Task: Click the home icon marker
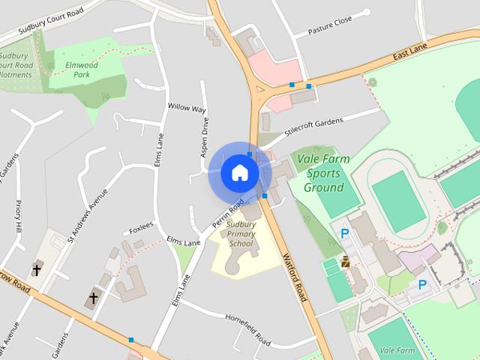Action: coord(240,173)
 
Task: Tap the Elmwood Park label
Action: coord(76,70)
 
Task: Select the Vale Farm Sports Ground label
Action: coord(324,173)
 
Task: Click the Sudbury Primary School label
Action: coord(241,234)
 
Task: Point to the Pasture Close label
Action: coord(330,25)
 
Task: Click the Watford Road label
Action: coord(295,278)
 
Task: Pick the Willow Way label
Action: coord(187,108)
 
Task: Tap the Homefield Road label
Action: coord(247,328)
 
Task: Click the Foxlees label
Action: coord(141,224)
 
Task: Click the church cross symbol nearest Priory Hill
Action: coord(36,269)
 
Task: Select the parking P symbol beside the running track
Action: coord(345,234)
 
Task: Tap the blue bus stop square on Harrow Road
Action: coord(131,340)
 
